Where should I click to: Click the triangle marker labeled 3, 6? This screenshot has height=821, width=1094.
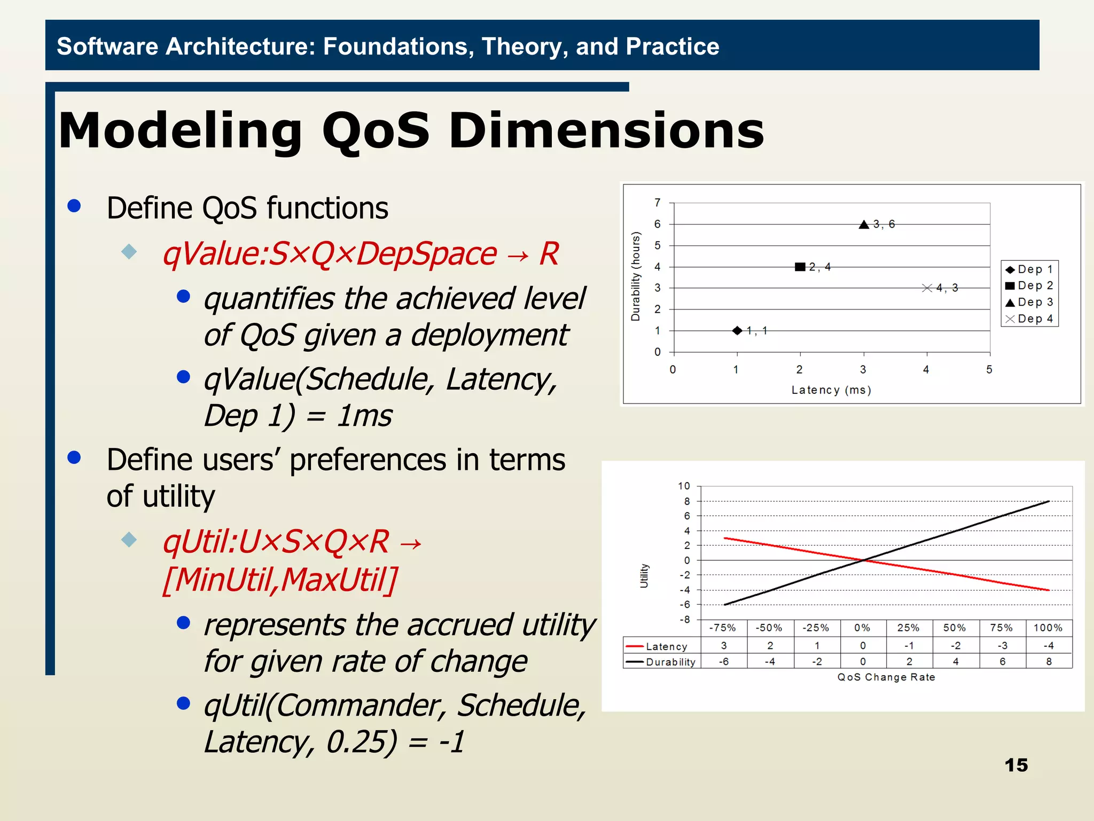coord(864,224)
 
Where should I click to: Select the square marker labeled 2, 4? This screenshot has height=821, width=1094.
coord(800,267)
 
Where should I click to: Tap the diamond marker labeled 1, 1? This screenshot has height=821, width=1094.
coord(737,330)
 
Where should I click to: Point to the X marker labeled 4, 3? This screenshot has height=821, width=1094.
coord(927,288)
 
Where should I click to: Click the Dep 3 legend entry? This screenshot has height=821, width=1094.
coord(1029,302)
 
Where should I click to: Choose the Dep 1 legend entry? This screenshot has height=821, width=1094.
coord(1029,269)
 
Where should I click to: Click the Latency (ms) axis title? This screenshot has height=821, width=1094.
coord(831,390)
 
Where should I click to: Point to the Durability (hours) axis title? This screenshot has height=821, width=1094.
coord(635,276)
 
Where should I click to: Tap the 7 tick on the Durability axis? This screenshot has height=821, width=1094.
coord(658,203)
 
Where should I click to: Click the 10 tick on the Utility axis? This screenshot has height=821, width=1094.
coord(684,486)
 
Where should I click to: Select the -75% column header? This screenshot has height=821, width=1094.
coord(722,628)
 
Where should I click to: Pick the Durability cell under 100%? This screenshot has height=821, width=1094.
coord(1049,662)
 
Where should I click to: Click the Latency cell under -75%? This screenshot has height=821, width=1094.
coord(724,646)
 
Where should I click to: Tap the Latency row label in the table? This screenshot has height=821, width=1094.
coord(666,647)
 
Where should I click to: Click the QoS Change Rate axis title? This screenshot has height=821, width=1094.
coord(886,677)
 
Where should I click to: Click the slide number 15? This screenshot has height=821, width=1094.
coord(1015,765)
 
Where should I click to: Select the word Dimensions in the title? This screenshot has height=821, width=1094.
coord(606,131)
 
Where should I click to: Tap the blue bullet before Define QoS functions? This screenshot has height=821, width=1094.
coord(74,206)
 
